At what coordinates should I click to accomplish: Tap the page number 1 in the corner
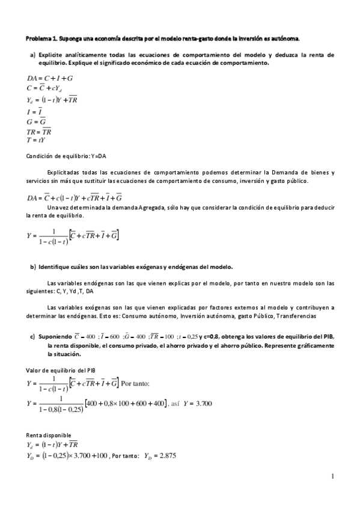[332, 476]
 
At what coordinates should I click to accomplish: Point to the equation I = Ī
[35, 111]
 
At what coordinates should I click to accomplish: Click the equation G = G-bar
[37, 121]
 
